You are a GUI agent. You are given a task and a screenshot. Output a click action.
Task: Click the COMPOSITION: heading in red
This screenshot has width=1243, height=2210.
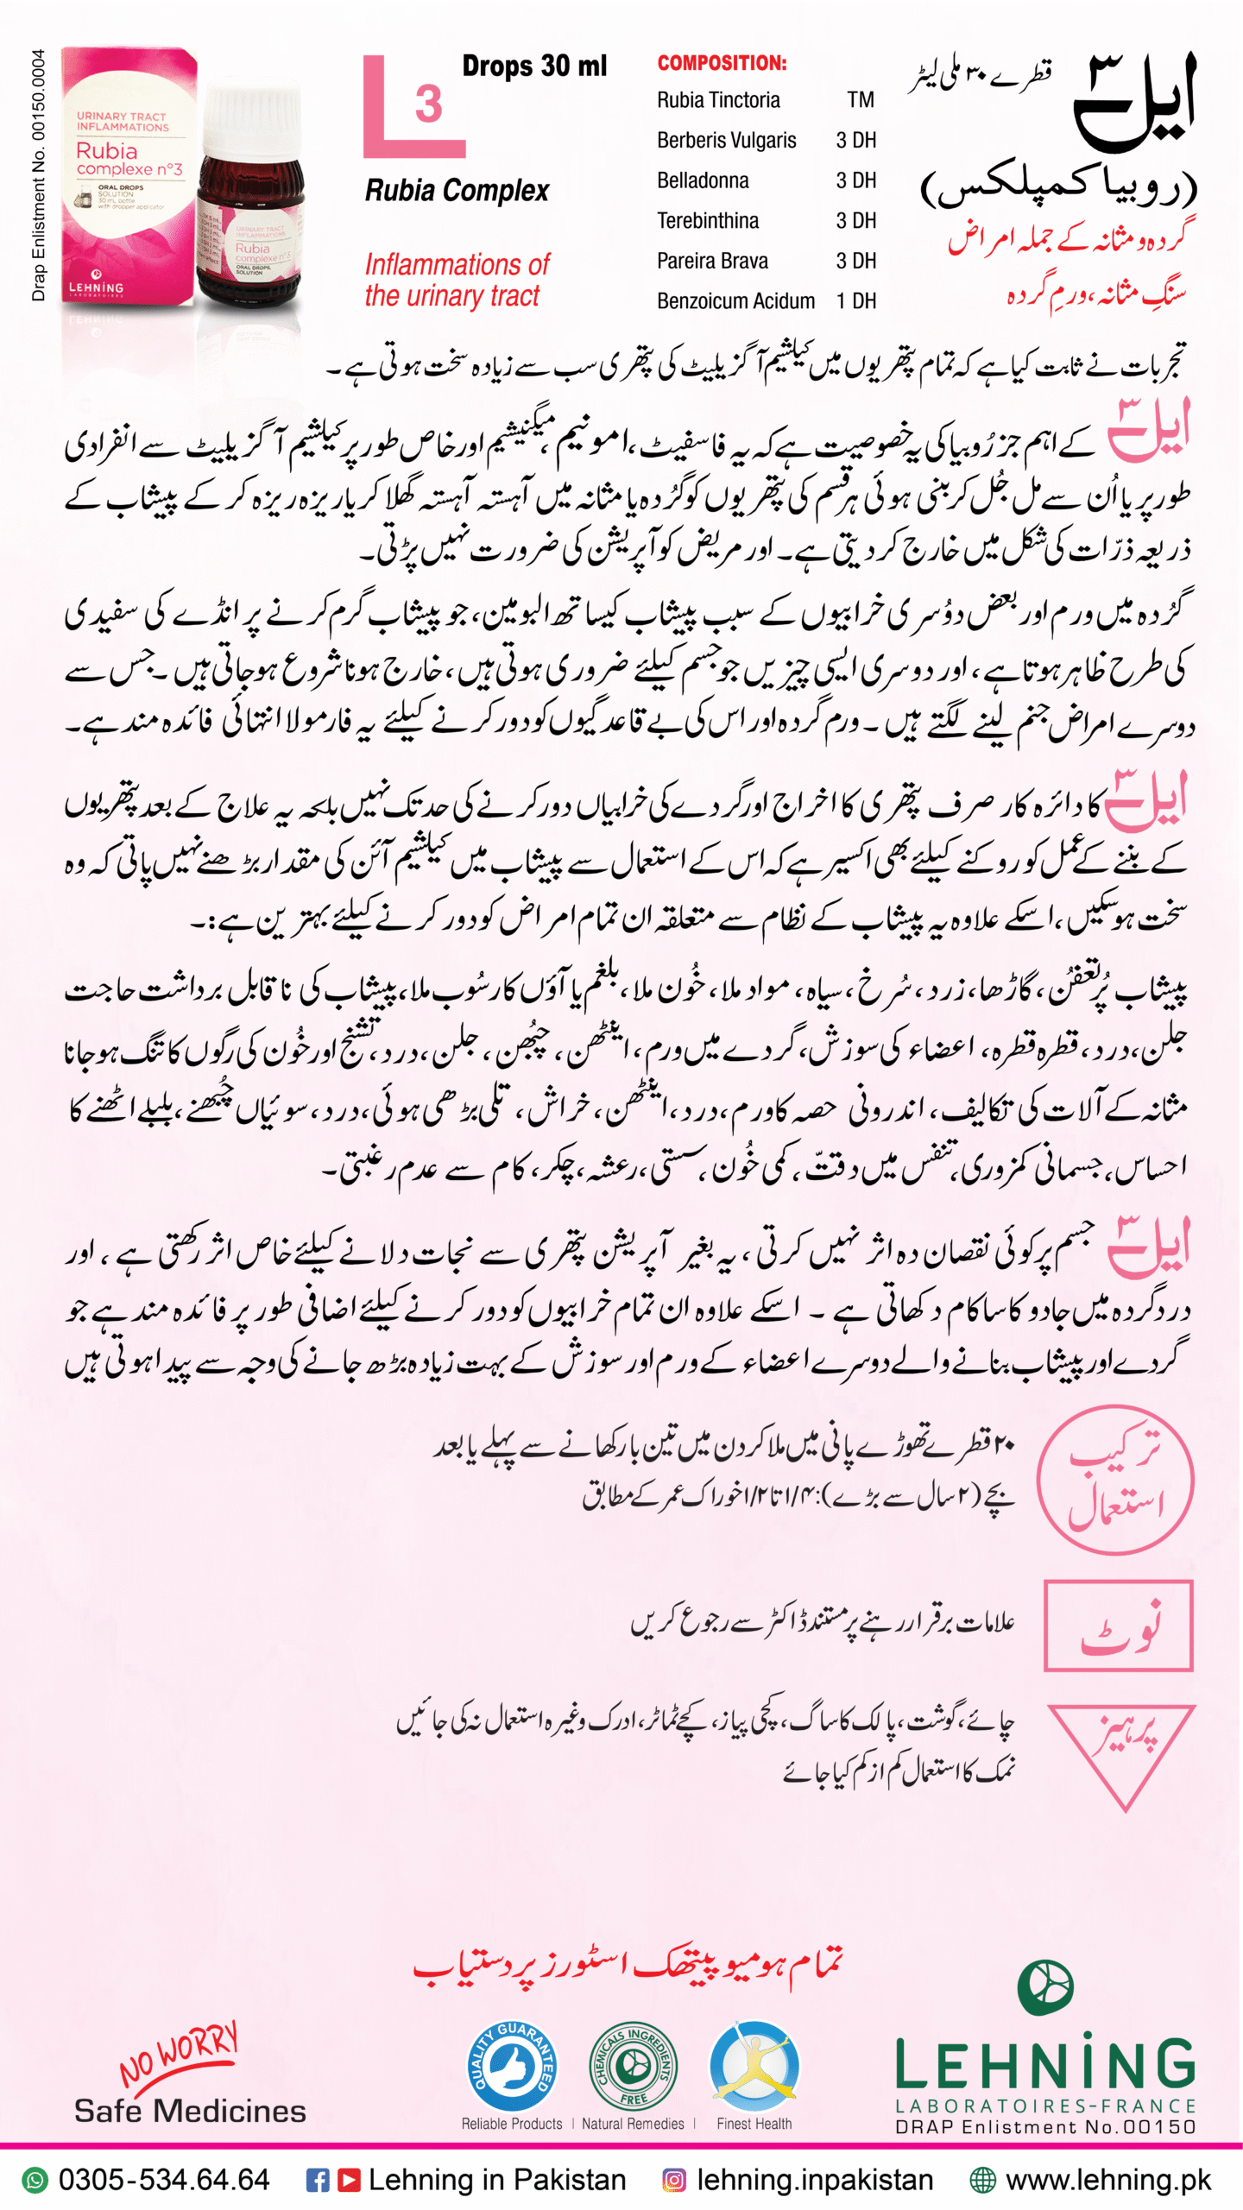pyautogui.click(x=722, y=63)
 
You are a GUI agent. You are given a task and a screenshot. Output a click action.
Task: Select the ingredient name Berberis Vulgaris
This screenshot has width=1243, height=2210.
pyautogui.click(x=726, y=140)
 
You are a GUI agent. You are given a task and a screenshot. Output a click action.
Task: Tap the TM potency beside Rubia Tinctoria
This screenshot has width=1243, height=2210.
pyautogui.click(x=860, y=100)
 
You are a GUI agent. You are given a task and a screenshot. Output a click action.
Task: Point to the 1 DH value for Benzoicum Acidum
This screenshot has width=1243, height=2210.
pyautogui.click(x=855, y=301)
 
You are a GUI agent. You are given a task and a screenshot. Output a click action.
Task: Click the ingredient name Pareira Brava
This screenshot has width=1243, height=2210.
pyautogui.click(x=712, y=261)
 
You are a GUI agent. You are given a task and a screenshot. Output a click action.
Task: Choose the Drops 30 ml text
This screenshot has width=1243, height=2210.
pyautogui.click(x=534, y=66)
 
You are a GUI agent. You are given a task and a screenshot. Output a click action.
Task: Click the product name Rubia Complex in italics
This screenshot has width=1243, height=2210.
pyautogui.click(x=457, y=191)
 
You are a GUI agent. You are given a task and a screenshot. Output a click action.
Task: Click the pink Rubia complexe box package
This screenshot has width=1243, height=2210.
pyautogui.click(x=128, y=177)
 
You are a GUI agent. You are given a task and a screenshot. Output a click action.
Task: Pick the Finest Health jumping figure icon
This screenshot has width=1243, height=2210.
pyautogui.click(x=754, y=2066)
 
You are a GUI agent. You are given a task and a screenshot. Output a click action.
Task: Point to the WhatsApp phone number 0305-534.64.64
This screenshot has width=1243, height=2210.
pyautogui.click(x=163, y=2180)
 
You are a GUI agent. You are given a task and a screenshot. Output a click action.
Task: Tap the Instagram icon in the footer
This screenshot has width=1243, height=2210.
pyautogui.click(x=673, y=2180)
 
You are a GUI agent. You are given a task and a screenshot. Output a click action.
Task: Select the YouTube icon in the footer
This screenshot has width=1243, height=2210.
pyautogui.click(x=349, y=2180)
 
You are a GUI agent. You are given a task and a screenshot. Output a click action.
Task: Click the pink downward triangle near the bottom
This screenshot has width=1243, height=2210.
pyautogui.click(x=1125, y=1752)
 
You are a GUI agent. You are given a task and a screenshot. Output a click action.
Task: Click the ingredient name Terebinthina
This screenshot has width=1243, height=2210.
pyautogui.click(x=708, y=221)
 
